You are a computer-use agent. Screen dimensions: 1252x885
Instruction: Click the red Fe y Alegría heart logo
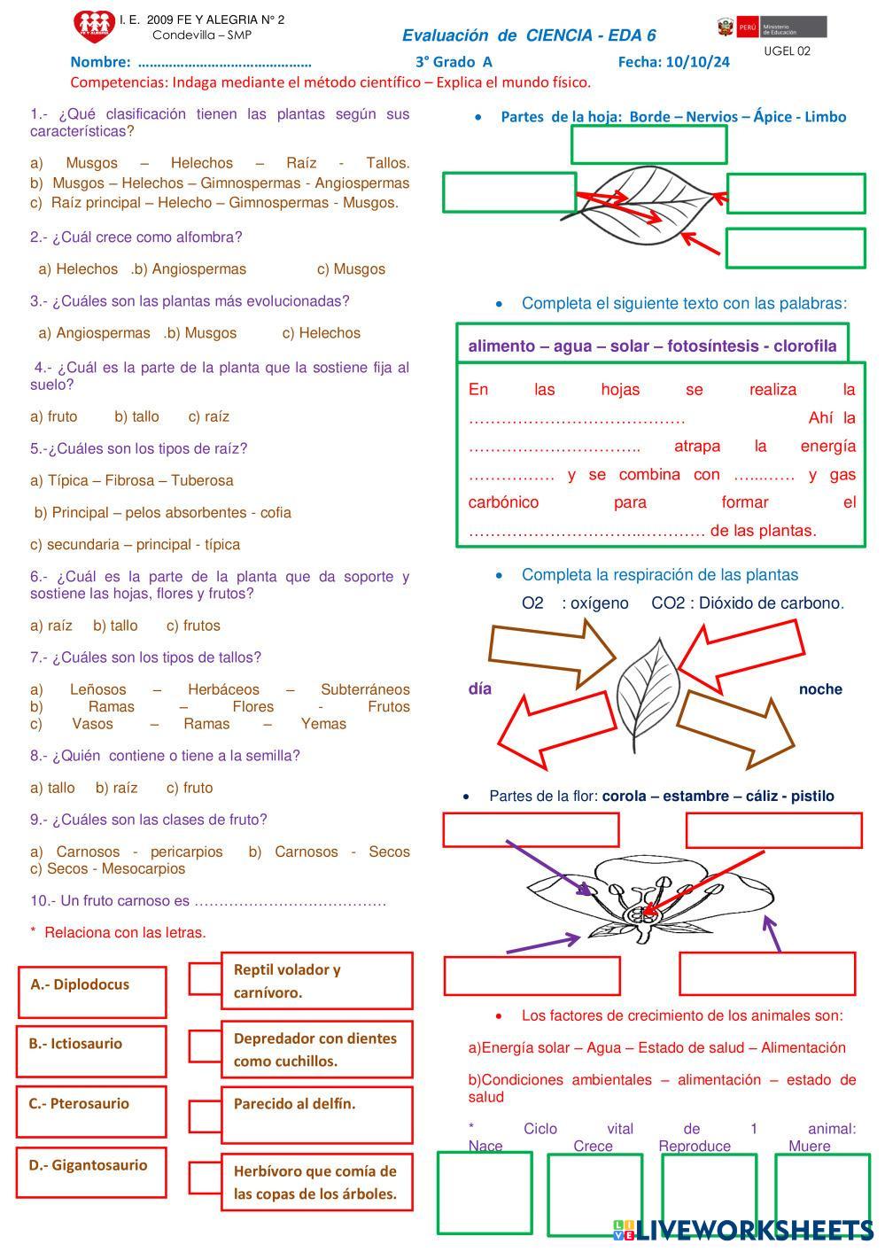94,27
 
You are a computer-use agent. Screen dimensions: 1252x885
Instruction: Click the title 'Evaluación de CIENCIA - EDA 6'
529,35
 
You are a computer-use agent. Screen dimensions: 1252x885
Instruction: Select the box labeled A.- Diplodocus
91,991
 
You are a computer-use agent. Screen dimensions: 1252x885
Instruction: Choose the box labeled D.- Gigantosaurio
90,1172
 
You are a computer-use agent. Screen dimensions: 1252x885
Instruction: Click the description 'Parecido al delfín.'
316,1113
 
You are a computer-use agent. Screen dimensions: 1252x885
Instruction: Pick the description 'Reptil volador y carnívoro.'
316,981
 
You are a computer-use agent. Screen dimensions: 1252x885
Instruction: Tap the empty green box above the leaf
648,144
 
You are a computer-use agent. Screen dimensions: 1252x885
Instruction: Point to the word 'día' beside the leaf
479,689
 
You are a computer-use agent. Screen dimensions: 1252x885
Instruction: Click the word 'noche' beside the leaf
819,689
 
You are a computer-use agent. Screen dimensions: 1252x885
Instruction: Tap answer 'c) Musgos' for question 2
351,269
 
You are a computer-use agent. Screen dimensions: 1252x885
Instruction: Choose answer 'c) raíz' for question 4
208,416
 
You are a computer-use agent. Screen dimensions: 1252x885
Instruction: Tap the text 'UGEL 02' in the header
787,51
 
